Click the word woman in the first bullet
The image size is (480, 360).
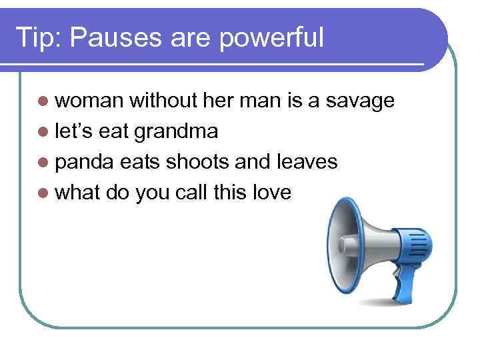pyautogui.click(x=90, y=101)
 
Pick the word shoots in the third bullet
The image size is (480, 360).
pyautogui.click(x=196, y=162)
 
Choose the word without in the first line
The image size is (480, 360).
pyautogui.click(x=161, y=101)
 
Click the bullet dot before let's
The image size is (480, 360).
pyautogui.click(x=44, y=132)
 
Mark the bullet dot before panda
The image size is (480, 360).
pyautogui.click(x=44, y=163)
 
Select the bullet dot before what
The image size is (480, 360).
pyautogui.click(x=44, y=193)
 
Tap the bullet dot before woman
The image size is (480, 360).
pyautogui.click(x=44, y=101)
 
